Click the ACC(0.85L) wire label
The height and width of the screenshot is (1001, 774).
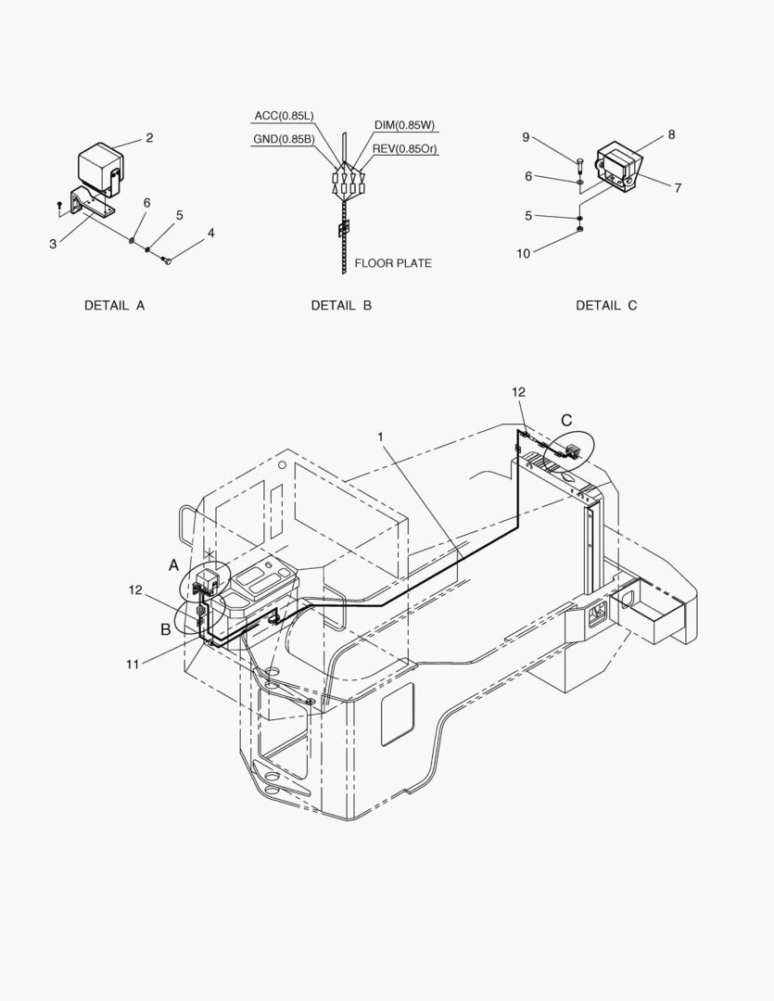(285, 116)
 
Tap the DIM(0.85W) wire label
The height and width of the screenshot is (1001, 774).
(404, 125)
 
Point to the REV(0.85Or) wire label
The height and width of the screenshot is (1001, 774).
(405, 148)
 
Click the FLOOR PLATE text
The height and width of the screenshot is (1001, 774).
(393, 263)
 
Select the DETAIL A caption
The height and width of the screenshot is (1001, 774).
(115, 305)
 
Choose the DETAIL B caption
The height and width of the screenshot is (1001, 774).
(341, 305)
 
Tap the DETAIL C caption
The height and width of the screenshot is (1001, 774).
(606, 305)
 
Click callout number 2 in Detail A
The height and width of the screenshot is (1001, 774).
(149, 138)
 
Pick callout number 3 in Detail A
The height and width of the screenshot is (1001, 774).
(53, 243)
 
